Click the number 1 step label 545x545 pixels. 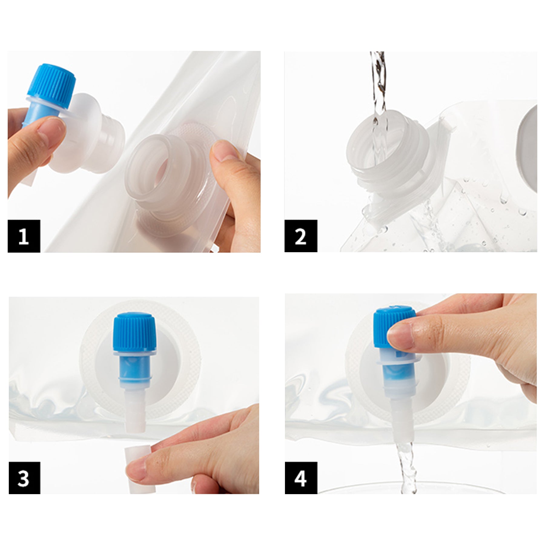point(24,236)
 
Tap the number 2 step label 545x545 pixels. point(301,236)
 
